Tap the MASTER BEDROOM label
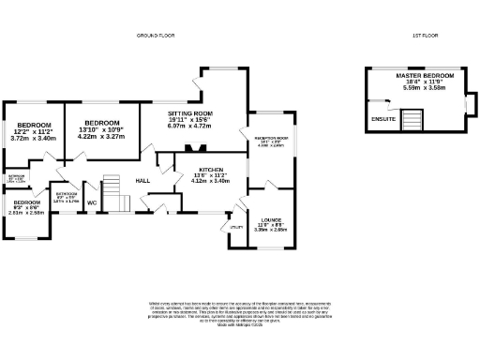pos(425,75)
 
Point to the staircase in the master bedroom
pos(412,119)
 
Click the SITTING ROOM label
pos(191,113)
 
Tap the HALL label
pos(142,180)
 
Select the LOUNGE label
pos(271,221)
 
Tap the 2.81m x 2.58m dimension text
pos(26,213)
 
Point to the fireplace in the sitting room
pos(196,148)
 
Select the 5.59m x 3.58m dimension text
pos(425,88)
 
